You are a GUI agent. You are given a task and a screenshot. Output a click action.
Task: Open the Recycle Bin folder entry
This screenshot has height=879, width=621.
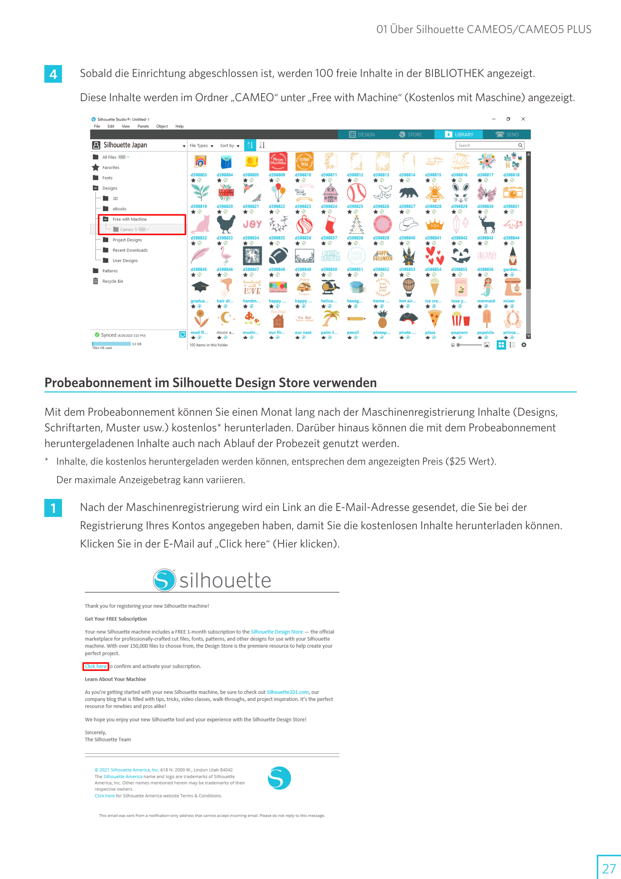(x=112, y=281)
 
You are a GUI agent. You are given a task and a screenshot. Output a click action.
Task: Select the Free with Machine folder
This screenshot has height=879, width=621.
(x=129, y=219)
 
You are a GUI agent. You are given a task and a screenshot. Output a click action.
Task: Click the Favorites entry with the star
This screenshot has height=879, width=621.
(x=110, y=168)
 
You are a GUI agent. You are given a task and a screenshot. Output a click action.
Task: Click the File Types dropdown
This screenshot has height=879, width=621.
(x=201, y=146)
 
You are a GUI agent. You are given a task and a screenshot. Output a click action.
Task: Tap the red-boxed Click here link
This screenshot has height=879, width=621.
(x=96, y=667)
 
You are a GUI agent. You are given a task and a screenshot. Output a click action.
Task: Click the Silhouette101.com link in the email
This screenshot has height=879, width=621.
(x=287, y=692)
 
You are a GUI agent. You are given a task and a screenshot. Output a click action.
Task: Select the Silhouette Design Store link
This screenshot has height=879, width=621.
(x=277, y=632)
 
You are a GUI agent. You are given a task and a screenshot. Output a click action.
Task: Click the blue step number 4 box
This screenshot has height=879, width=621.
(x=53, y=74)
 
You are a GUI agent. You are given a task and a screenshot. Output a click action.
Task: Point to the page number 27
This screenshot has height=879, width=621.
(x=608, y=868)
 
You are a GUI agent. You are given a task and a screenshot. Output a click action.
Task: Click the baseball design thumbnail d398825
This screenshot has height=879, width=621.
(x=356, y=193)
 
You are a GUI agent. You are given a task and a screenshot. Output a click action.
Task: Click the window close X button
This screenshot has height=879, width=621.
(x=523, y=119)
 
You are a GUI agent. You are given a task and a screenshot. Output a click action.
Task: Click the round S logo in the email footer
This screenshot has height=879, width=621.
(x=279, y=778)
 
